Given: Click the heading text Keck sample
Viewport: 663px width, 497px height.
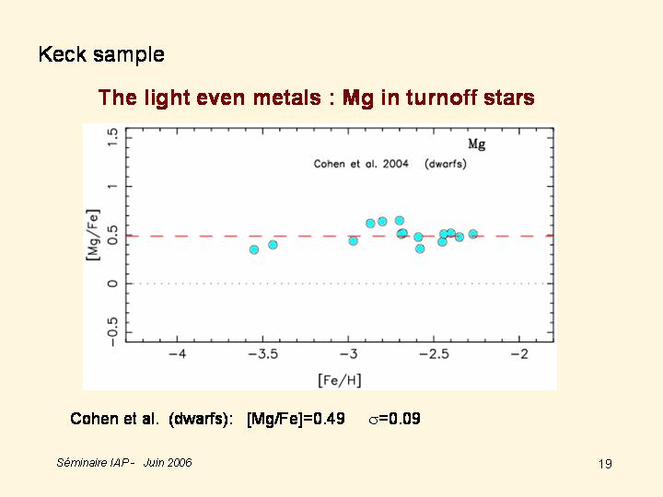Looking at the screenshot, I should [101, 54].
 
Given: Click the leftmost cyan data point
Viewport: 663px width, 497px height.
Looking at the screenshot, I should [254, 249].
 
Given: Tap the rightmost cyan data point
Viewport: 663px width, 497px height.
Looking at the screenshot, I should [473, 234].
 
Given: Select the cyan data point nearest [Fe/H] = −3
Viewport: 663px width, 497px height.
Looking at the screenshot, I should [354, 241].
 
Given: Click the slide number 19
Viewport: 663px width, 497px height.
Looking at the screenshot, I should [605, 464].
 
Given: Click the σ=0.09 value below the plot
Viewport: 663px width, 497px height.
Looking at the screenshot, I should [394, 419].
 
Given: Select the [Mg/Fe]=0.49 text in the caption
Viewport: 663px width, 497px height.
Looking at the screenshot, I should [296, 419].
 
